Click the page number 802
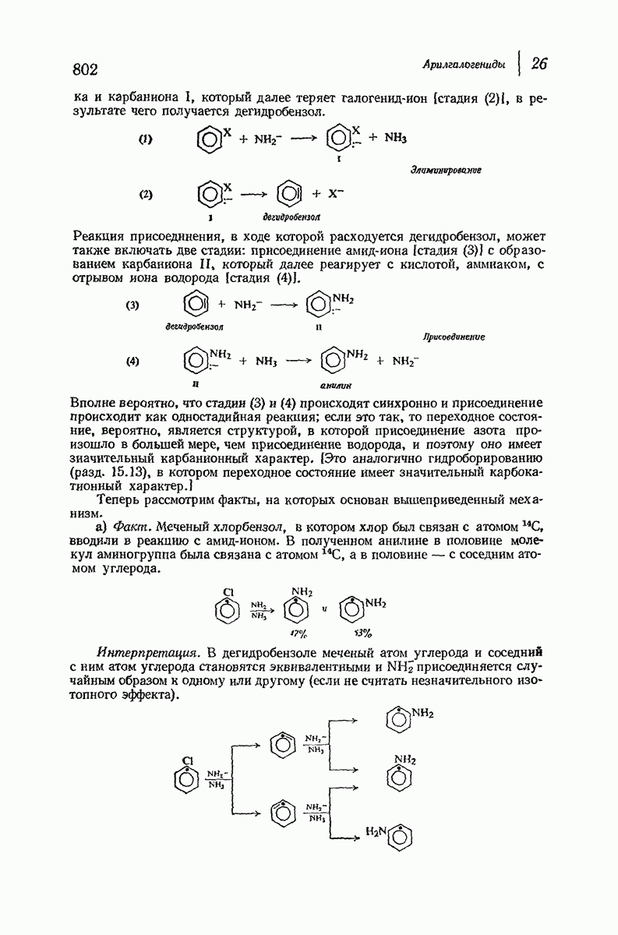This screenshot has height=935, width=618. tap(84, 69)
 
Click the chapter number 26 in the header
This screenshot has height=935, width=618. tap(539, 64)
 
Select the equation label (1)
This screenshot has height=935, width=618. tap(145, 139)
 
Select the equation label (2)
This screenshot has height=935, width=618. tap(145, 195)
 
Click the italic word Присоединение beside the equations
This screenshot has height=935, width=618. tap(454, 337)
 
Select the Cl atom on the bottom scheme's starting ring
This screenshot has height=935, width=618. tap(187, 758)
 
